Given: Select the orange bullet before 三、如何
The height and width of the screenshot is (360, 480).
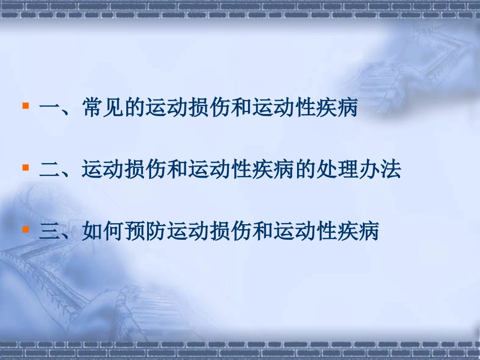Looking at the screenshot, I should point(25,229).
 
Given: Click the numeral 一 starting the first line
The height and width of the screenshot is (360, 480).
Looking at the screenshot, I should point(50,109).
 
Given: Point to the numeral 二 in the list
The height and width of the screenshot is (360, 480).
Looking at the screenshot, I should point(50,170).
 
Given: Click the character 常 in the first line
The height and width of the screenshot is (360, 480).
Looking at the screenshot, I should point(92,109).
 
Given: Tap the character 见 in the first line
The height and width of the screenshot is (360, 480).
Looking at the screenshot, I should point(113,109).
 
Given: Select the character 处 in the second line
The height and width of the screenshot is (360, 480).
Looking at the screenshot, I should point(326,170).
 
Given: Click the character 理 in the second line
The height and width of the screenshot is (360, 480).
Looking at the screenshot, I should point(347,170).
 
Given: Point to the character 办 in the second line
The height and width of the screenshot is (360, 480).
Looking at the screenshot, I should point(368,170).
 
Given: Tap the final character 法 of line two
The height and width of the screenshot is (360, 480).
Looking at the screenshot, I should point(390,170).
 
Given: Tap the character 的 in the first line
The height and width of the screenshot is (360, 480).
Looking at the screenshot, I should point(134,109).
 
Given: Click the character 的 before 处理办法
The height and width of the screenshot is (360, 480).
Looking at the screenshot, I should point(305,170).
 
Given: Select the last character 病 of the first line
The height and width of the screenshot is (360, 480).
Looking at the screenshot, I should point(347,109).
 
